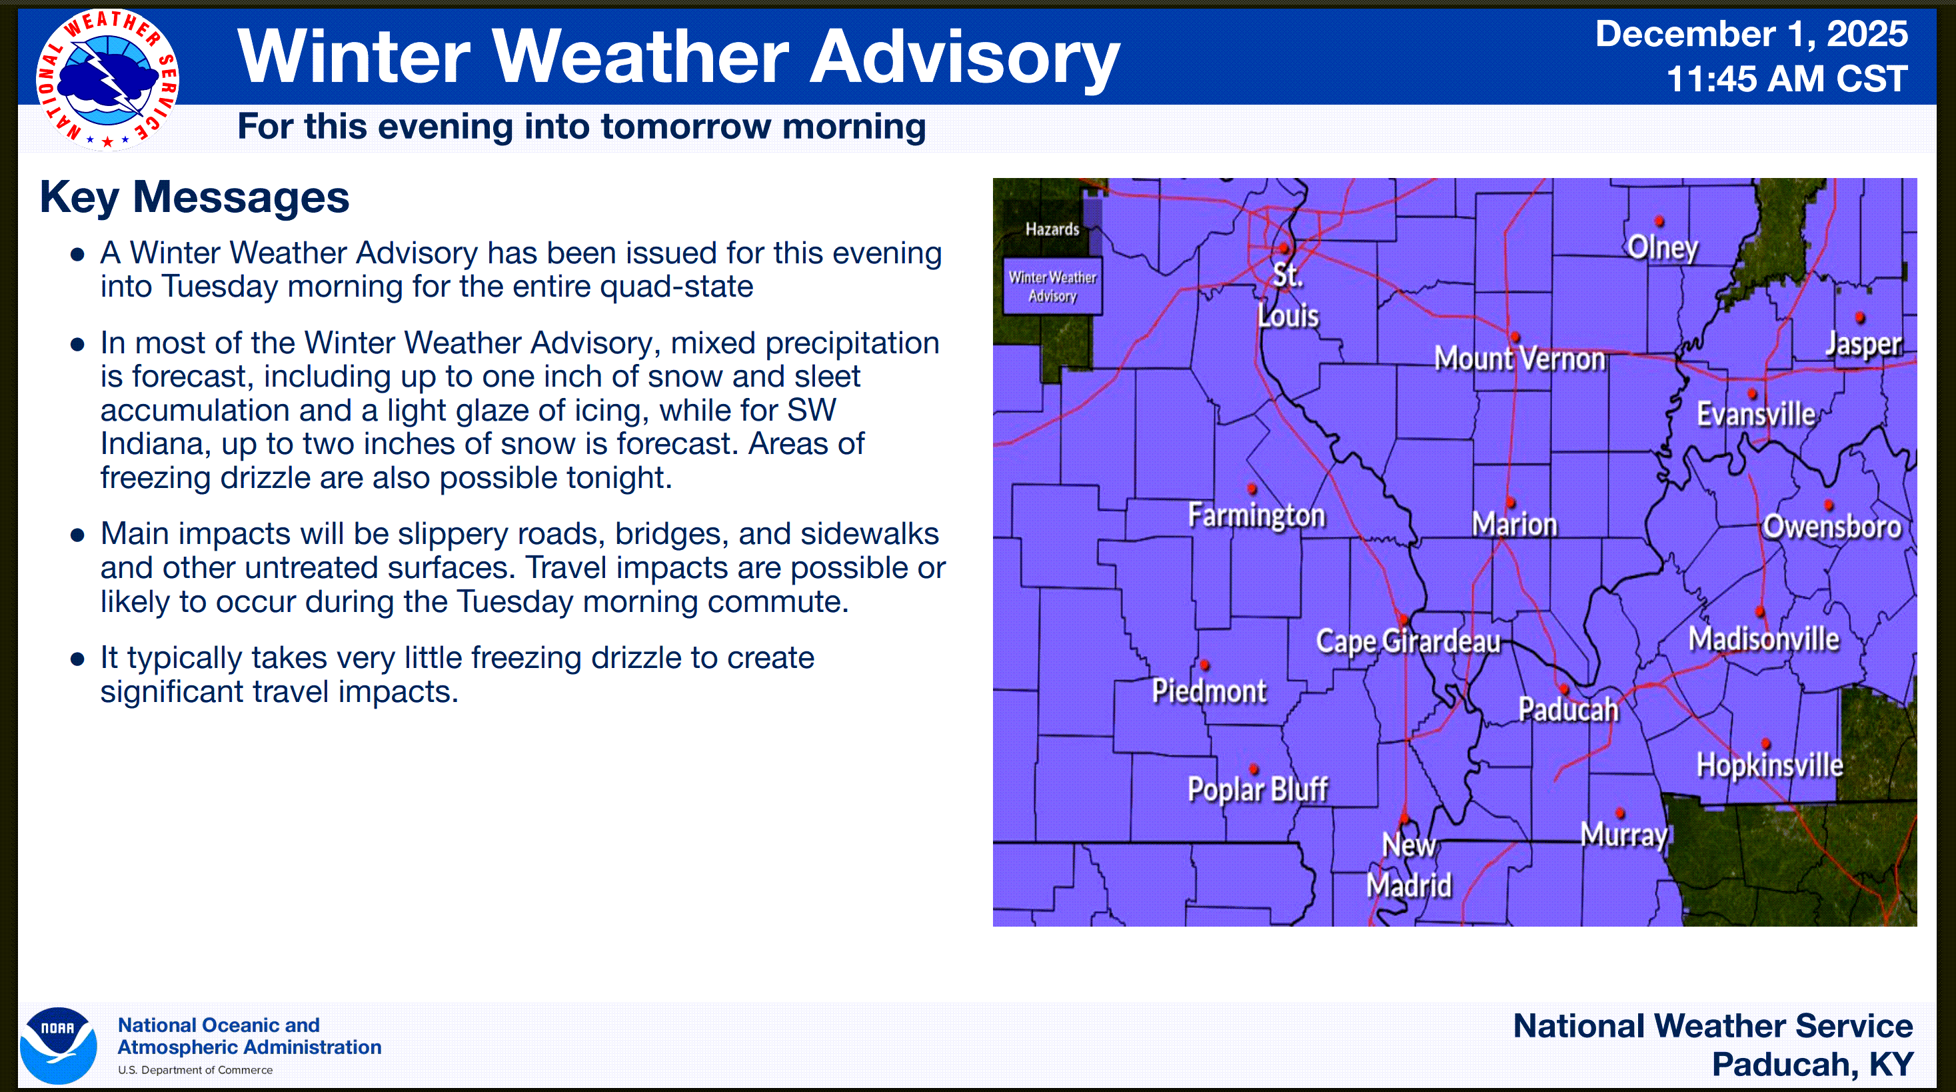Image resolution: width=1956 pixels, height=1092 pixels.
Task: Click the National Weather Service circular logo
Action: [x=107, y=80]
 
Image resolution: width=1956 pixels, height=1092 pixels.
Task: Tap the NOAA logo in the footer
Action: [x=59, y=1045]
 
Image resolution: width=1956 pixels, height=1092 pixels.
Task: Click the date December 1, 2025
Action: [x=1751, y=34]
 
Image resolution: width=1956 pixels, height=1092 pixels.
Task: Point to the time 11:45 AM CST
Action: [x=1787, y=79]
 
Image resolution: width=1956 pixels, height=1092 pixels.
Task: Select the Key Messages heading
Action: [x=195, y=197]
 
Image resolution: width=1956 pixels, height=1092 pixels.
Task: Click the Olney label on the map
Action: [x=1662, y=247]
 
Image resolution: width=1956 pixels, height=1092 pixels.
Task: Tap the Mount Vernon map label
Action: [x=1519, y=359]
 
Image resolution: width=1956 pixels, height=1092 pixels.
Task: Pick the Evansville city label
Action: [x=1756, y=415]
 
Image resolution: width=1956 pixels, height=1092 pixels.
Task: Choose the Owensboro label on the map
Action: [x=1831, y=526]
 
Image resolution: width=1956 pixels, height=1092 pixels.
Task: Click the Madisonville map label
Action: [x=1764, y=639]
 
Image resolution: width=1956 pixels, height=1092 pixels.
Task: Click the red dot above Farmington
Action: [x=1252, y=488]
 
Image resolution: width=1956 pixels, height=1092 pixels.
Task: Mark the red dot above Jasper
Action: [x=1859, y=317]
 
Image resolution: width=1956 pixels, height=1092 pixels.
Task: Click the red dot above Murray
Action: [x=1619, y=813]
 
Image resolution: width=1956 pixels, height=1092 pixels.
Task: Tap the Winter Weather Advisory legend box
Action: [x=1052, y=286]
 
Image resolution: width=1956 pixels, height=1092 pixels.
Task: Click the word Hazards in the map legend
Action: [x=1052, y=229]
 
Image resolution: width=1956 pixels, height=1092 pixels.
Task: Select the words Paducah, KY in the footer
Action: [x=1813, y=1065]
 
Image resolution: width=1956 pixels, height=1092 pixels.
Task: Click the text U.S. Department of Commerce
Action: [x=195, y=1070]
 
